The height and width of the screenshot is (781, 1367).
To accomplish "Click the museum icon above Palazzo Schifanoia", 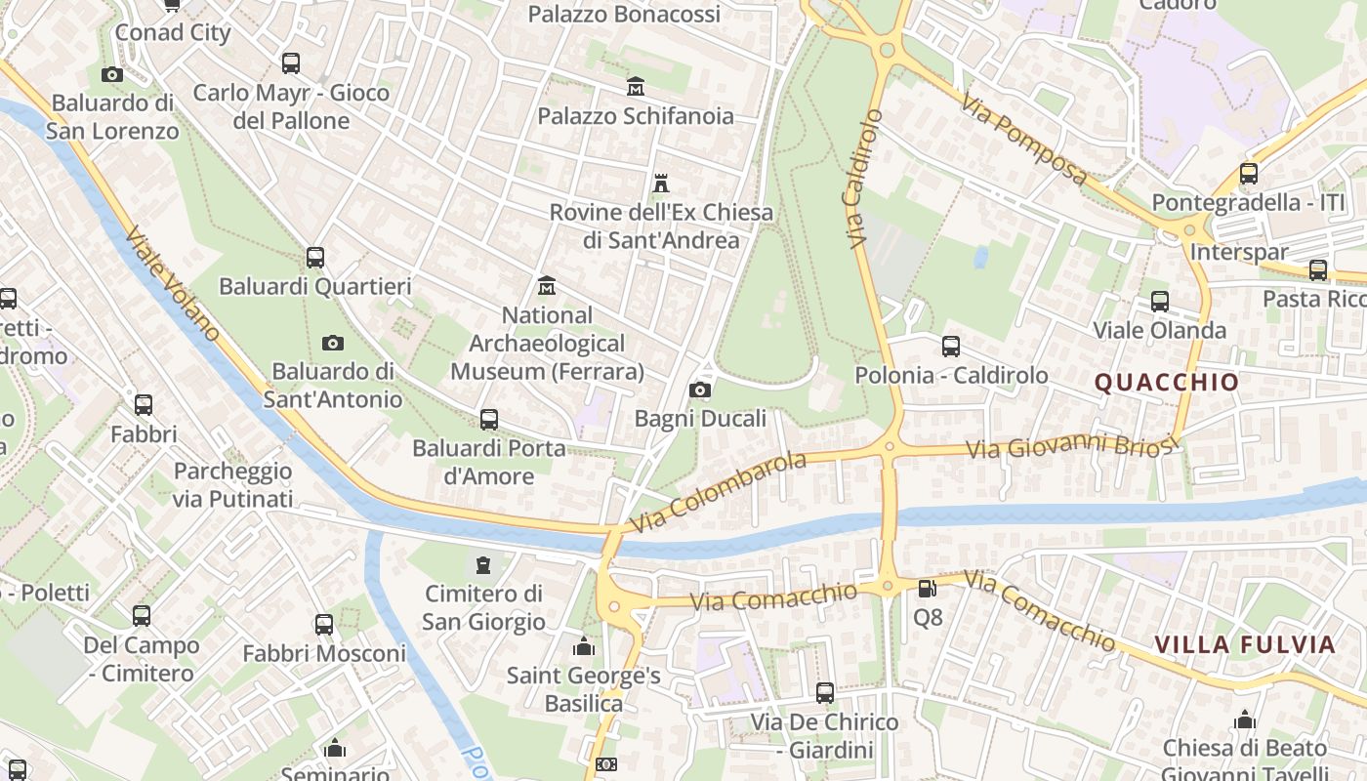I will coord(636,87).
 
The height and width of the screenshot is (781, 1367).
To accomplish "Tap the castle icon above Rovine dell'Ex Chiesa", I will coord(661,183).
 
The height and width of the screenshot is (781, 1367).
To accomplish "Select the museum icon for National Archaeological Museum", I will coord(547,286).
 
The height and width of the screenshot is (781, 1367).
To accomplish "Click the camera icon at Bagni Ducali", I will coord(699,390).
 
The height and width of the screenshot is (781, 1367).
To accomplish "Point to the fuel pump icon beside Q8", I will coord(927,588).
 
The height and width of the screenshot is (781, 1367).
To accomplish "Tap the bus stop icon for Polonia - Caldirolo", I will coord(951,346).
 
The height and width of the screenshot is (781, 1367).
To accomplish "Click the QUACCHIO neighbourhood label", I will coord(1166,382).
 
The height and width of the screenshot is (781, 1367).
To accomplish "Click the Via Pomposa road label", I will coord(1024,139).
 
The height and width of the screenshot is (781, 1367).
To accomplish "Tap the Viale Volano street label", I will coord(173,284).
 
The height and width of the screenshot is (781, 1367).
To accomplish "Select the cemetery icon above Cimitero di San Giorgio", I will coord(482,564).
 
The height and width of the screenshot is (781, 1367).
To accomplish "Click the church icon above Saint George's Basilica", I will coord(584,646).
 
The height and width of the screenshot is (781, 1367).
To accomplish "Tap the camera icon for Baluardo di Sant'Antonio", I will coord(333,343).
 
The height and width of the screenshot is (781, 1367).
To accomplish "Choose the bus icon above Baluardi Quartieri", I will coord(314,258).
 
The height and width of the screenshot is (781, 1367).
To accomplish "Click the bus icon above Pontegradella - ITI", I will coord(1248,174).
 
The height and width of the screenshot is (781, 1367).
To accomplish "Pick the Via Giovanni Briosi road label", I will coord(1068,447).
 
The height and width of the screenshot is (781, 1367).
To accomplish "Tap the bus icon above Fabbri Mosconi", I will coord(324,624).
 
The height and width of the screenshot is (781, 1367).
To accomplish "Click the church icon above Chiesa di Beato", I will coord(1245,720).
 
